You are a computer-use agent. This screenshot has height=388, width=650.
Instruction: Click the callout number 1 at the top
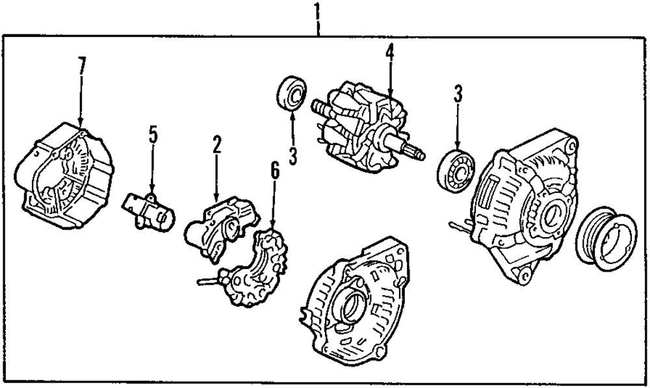[317, 10]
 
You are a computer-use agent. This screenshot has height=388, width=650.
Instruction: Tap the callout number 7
[81, 66]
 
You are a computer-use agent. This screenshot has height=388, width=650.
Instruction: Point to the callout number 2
[216, 144]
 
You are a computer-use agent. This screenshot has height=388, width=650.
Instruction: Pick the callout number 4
[390, 52]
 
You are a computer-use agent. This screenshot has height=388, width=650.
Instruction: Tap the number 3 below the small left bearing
[293, 156]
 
